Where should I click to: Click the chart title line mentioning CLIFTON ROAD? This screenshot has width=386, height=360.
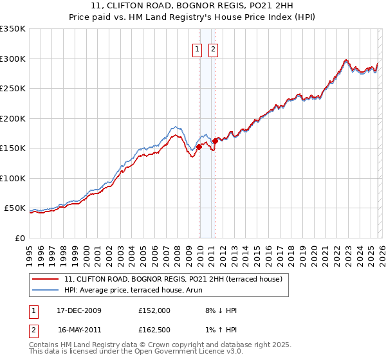[192, 6]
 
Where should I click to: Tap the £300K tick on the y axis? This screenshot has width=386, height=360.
[12, 59]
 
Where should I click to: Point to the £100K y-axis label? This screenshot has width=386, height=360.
[12, 178]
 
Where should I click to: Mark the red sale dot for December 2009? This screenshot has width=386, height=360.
[199, 147]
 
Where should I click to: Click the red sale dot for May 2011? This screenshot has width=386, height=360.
[215, 141]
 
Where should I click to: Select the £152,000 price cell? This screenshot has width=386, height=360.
[154, 310]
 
